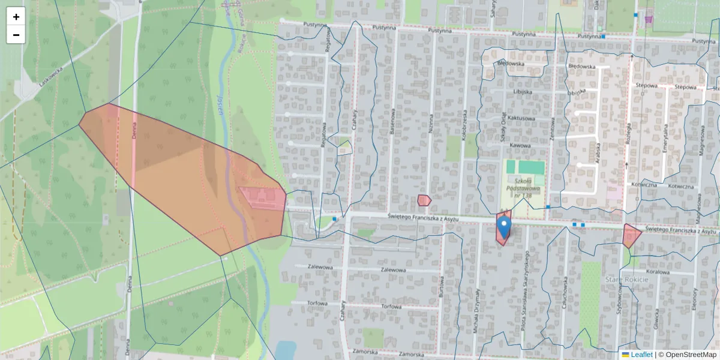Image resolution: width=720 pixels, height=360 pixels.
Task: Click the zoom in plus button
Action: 16,17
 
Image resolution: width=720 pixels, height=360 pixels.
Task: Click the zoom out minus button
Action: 16,35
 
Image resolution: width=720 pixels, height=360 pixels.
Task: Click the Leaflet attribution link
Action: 641,355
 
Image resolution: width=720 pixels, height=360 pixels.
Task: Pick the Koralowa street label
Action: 658,272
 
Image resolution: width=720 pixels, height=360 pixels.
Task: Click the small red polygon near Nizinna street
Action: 424,200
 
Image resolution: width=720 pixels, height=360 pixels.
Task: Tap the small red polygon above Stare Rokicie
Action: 631,235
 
